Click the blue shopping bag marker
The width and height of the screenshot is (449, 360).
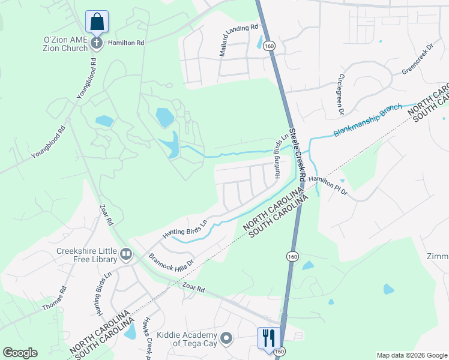96,22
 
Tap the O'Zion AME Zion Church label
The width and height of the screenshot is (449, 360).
66,44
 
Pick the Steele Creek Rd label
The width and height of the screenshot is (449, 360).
297,155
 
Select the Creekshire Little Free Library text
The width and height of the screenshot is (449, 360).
85,255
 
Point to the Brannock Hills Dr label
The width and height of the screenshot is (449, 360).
172,260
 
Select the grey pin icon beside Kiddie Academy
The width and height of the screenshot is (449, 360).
226,339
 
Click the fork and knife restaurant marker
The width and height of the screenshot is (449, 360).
267,337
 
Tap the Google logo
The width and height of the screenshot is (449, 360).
20,353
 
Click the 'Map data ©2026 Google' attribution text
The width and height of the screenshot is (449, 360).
411,355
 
